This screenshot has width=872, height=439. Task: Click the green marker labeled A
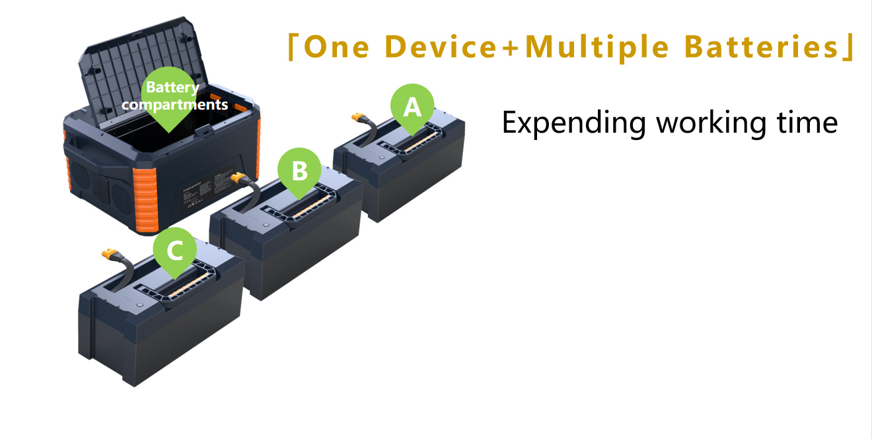pos(412,106)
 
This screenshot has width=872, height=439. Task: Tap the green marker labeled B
pos(299,170)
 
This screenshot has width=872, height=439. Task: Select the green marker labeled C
pos(175,250)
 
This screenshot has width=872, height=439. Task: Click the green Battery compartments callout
pos(172,97)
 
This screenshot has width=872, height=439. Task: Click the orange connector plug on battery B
pos(239,178)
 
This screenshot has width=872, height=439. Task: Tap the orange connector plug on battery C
pos(109,254)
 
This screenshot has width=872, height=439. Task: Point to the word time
pos(808,122)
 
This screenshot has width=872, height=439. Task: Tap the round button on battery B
pos(264,225)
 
